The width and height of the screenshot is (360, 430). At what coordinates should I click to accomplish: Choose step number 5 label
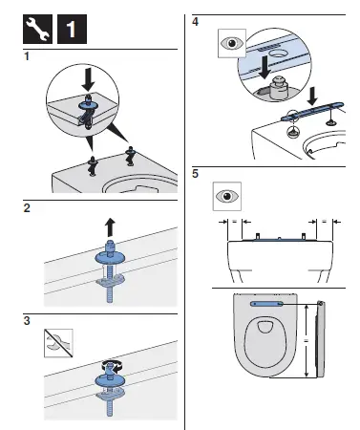tap(195, 174)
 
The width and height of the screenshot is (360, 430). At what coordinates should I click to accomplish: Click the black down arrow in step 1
tap(89, 75)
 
